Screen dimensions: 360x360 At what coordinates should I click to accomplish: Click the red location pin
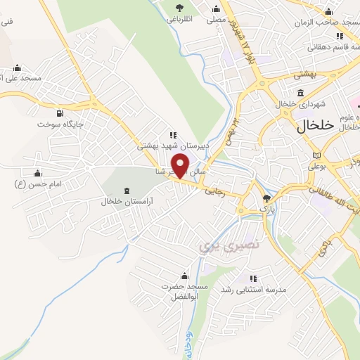click(181, 167)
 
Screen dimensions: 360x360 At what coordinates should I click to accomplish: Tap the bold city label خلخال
click(308, 126)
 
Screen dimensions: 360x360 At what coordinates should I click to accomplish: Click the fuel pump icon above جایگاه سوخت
click(59, 112)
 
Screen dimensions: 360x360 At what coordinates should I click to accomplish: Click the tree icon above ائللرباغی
click(181, 8)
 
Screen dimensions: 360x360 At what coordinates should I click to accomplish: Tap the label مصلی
click(216, 20)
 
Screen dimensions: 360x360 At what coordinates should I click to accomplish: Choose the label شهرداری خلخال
click(300, 104)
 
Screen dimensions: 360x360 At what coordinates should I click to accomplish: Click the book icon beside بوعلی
click(317, 155)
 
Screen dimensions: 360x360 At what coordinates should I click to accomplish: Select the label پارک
click(266, 209)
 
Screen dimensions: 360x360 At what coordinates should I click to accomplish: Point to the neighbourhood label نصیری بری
click(221, 245)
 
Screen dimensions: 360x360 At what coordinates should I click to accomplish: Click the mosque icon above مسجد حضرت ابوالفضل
click(184, 276)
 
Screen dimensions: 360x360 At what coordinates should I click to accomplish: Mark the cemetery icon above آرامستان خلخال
click(127, 191)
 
